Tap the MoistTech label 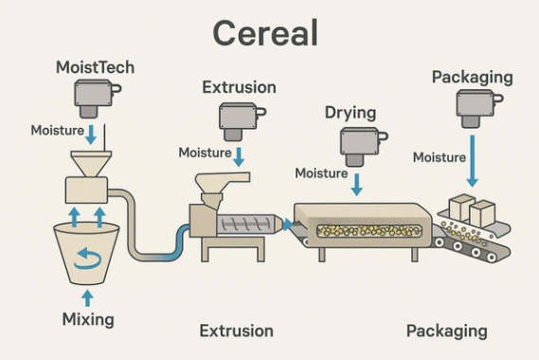(x=95, y=67)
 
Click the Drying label (x=350, y=113)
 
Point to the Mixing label (x=87, y=319)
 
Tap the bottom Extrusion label (x=236, y=331)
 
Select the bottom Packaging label (x=446, y=331)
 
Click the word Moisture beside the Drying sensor (x=321, y=173)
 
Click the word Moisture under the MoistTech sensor (x=57, y=131)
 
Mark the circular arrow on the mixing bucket (x=88, y=255)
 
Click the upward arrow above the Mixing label (x=88, y=297)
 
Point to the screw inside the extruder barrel (x=247, y=225)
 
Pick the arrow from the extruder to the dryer (x=287, y=225)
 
